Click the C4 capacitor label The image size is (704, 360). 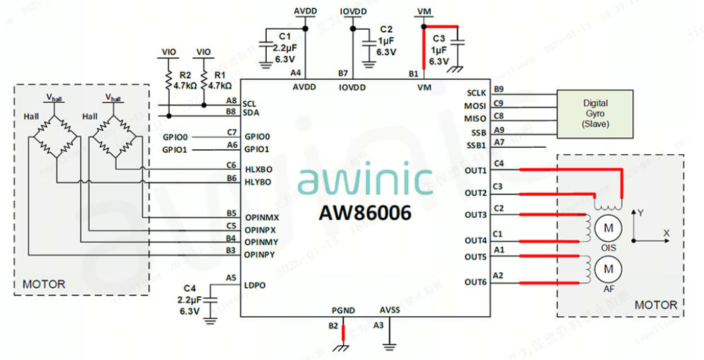click(189, 289)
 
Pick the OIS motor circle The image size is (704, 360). click(606, 228)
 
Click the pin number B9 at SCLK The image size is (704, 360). click(499, 90)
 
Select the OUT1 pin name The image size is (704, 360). click(475, 171)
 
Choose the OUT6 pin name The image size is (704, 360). click(475, 283)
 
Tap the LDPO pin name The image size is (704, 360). click(255, 285)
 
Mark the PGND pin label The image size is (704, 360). click(343, 310)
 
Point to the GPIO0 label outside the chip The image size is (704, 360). click(175, 137)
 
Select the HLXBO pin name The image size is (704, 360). click(258, 170)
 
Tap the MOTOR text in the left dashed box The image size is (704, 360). click(44, 284)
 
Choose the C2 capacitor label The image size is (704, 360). click(386, 30)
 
